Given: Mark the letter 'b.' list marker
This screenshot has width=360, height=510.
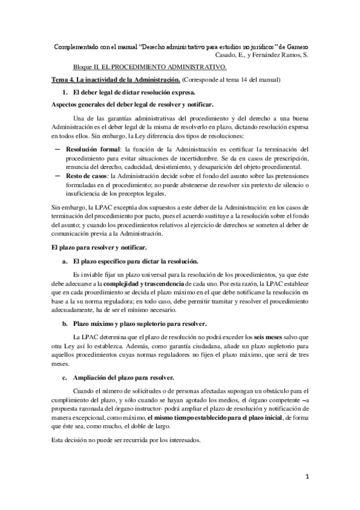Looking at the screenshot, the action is [65, 324].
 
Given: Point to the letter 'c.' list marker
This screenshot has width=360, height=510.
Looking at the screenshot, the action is [65, 377].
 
